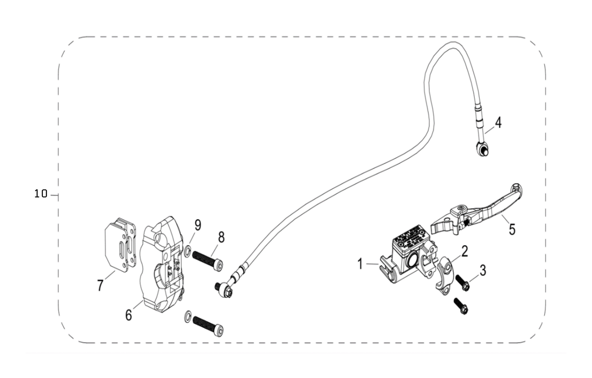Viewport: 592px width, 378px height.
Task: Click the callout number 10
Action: pyautogui.click(x=41, y=193)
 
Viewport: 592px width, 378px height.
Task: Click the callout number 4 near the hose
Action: pyautogui.click(x=498, y=122)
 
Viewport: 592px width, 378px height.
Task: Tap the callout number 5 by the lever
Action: pyautogui.click(x=512, y=229)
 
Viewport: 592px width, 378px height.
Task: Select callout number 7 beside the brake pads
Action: pyautogui.click(x=100, y=285)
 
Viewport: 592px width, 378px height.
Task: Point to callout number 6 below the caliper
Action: pyautogui.click(x=128, y=315)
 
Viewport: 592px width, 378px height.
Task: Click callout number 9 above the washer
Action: pyautogui.click(x=198, y=225)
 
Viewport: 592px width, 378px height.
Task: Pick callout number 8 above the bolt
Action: pyautogui.click(x=221, y=237)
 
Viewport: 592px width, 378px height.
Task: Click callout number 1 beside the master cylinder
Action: pyautogui.click(x=359, y=264)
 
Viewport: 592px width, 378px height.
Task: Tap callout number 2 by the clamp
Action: pyautogui.click(x=464, y=251)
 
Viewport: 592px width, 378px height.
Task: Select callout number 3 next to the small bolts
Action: pyautogui.click(x=482, y=270)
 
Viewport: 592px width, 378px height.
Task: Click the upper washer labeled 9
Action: pyautogui.click(x=188, y=252)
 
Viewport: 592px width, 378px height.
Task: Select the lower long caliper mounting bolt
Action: pyautogui.click(x=208, y=324)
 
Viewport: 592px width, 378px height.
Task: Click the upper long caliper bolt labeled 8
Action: pyautogui.click(x=208, y=260)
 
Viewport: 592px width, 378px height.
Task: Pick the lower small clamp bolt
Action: pyautogui.click(x=460, y=307)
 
